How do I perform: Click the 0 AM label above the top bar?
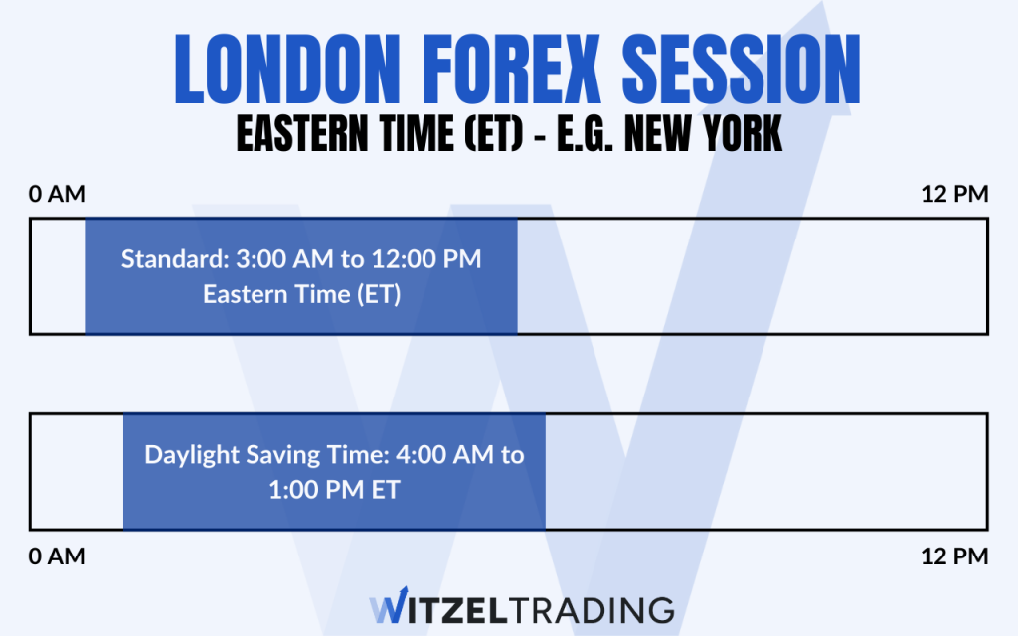(58, 194)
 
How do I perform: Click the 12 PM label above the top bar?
(955, 194)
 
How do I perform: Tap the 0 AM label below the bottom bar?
(58, 556)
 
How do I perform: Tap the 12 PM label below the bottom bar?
(955, 556)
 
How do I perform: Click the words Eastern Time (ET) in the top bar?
(301, 295)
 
